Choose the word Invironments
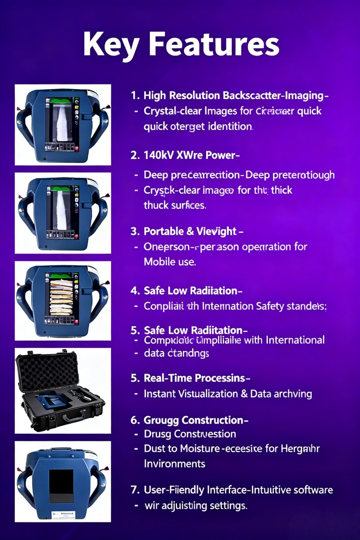174,464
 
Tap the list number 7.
133,490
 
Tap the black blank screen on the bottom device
61,486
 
